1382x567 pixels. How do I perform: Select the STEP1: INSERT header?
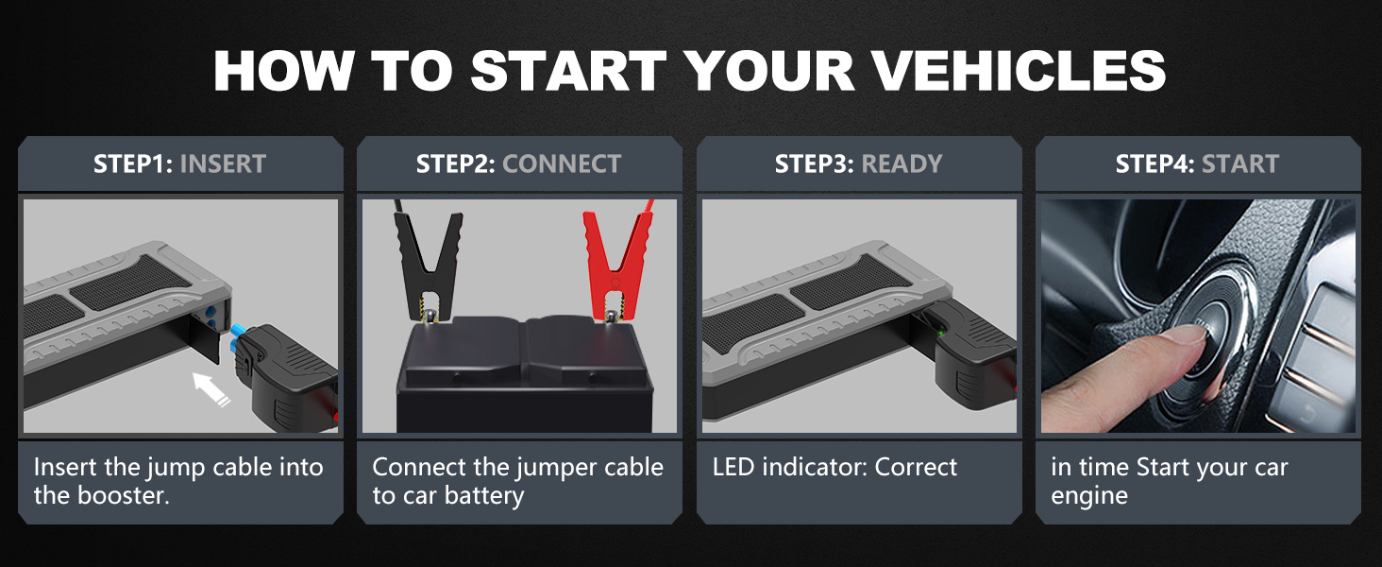(x=179, y=163)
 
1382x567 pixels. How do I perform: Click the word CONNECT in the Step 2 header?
(x=562, y=163)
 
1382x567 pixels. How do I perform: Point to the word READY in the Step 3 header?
(x=902, y=163)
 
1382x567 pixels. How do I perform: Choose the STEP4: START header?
(x=1197, y=163)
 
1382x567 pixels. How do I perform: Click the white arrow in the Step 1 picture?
(x=211, y=388)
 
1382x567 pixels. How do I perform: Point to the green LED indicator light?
(x=940, y=334)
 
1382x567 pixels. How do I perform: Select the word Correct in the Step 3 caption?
(x=916, y=467)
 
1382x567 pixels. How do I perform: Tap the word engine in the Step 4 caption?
(x=1089, y=496)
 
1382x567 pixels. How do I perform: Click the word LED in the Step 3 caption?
(x=733, y=467)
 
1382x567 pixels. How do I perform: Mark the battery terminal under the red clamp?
(x=612, y=318)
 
